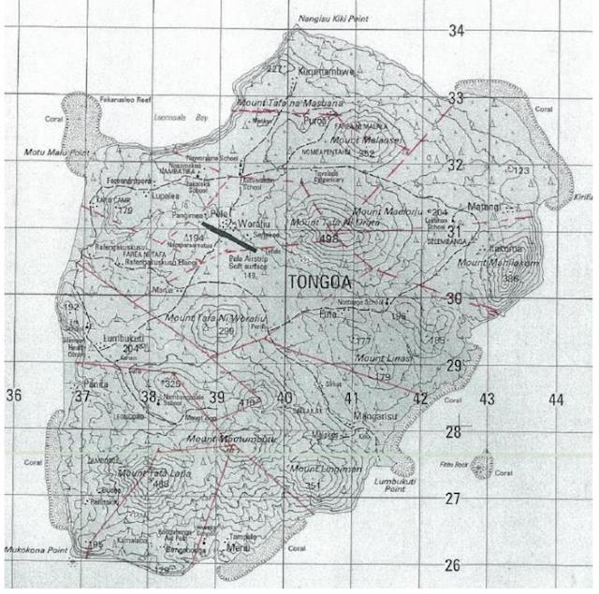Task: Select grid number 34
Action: coord(456,32)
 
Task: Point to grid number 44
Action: coord(556,399)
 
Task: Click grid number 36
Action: coord(13,396)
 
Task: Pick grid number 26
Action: coord(453,565)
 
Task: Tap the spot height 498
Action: coord(327,239)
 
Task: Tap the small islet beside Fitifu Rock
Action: coord(484,461)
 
